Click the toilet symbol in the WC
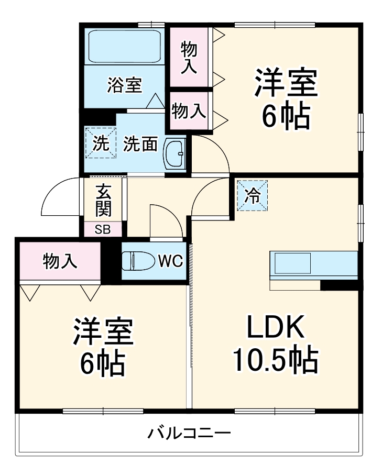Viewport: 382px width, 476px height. pyautogui.click(x=137, y=260)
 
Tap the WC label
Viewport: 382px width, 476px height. pyautogui.click(x=170, y=261)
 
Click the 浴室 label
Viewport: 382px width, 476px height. pyautogui.click(x=124, y=85)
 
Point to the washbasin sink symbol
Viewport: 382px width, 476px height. pyautogui.click(x=174, y=154)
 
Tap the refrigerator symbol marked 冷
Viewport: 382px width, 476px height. pyautogui.click(x=252, y=195)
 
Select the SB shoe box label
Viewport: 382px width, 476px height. pyautogui.click(x=103, y=229)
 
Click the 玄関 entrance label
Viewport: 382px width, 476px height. pyautogui.click(x=103, y=201)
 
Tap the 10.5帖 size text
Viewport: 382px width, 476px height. pyautogui.click(x=275, y=360)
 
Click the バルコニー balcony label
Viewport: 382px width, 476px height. pyautogui.click(x=189, y=434)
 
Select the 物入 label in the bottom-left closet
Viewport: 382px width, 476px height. pyautogui.click(x=61, y=261)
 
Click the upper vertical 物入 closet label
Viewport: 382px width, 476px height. pyautogui.click(x=189, y=58)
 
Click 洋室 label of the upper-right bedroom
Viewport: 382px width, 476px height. pyautogui.click(x=286, y=82)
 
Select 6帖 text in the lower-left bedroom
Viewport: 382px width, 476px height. pyautogui.click(x=102, y=362)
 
